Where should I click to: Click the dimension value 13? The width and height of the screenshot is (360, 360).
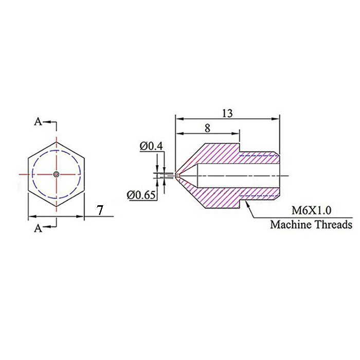[227, 114]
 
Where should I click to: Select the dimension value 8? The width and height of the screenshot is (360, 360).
[207, 129]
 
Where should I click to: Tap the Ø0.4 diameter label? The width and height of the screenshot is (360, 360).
[151, 146]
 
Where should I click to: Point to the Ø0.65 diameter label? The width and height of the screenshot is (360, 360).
[141, 195]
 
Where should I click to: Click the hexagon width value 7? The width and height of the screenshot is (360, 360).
[100, 210]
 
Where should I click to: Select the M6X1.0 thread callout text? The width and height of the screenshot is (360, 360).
[311, 210]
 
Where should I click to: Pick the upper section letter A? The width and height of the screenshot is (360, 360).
[38, 122]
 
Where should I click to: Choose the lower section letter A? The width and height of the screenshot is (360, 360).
[38, 228]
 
